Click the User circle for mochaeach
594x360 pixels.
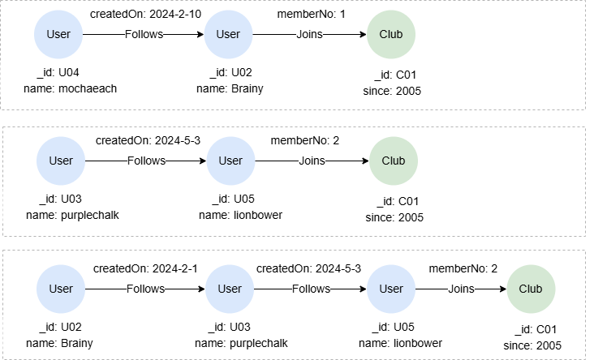pos(58,34)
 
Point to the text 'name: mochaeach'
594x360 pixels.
pos(62,88)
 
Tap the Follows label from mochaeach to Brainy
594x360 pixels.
pos(144,34)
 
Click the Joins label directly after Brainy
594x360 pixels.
pos(309,34)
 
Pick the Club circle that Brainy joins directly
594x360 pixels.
pos(396,34)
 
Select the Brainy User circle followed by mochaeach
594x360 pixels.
pos(228,34)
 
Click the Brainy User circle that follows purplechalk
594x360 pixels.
pos(61,289)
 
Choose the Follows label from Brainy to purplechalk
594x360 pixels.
pos(145,289)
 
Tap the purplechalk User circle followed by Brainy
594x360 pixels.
pos(230,289)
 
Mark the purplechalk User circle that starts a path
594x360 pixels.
pos(60,161)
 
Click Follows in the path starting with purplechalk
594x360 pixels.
pos(146,161)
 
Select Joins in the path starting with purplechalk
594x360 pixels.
pos(312,161)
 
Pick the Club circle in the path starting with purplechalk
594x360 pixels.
pos(394,161)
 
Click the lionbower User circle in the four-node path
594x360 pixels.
pos(391,289)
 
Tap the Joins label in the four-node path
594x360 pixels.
pos(461,289)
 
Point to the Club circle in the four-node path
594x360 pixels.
pos(530,289)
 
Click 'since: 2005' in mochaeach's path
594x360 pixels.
pos(392,90)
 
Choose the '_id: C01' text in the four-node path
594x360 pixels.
pos(532,331)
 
